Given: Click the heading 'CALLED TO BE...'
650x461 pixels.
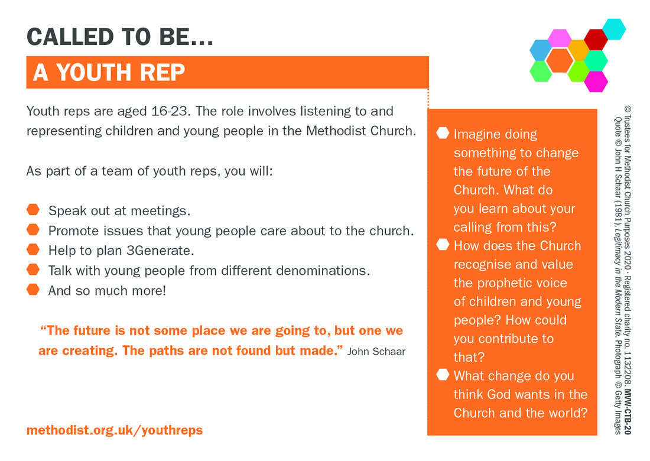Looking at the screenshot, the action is click(x=120, y=37).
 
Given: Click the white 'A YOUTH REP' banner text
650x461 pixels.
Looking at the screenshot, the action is click(x=109, y=73).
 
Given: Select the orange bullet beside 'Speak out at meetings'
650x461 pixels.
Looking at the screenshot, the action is click(x=32, y=210).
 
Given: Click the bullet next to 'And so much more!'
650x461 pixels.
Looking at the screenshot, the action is click(x=32, y=290).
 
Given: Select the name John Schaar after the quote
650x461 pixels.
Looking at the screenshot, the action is click(x=376, y=352).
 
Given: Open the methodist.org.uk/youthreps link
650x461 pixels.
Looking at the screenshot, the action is click(x=115, y=430).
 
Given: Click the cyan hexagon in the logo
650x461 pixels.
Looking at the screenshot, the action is click(x=614, y=29).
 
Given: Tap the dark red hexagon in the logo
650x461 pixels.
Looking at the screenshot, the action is click(x=596, y=40).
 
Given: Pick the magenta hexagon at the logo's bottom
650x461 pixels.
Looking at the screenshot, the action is click(x=596, y=81).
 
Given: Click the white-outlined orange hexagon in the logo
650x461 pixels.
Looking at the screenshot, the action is click(x=560, y=60).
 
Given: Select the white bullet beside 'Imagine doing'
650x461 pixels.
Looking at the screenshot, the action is click(x=443, y=132).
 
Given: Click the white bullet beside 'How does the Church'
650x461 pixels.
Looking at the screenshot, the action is click(x=443, y=245).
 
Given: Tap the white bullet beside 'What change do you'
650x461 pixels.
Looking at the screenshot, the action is click(x=443, y=375).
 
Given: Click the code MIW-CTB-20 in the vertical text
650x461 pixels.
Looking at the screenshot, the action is click(x=627, y=412).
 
